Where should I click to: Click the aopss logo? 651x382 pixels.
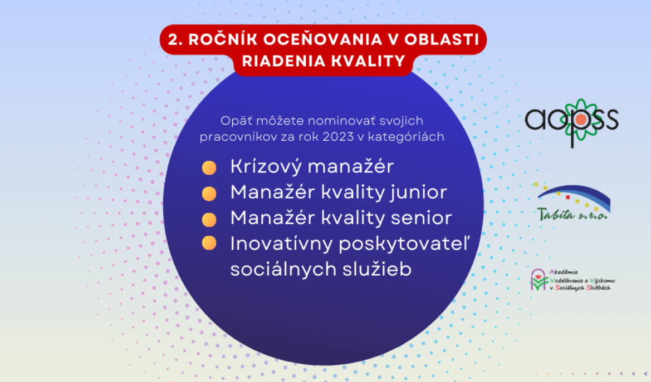(x=572, y=123)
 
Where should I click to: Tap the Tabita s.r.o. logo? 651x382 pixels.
(x=573, y=202)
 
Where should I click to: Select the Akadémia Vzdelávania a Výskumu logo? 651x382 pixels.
(x=572, y=280)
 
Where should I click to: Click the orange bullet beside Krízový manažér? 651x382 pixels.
(x=209, y=167)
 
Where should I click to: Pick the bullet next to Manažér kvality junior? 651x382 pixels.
(x=209, y=194)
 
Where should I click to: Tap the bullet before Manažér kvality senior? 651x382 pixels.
(x=209, y=219)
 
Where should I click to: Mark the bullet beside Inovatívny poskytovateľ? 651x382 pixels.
(x=209, y=243)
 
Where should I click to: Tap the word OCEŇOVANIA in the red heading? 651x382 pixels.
(x=322, y=39)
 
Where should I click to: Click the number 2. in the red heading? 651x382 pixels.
(x=175, y=39)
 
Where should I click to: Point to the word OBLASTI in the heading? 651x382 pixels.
(x=442, y=39)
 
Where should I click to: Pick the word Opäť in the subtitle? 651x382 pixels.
(x=236, y=121)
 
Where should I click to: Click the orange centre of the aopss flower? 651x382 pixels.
(x=581, y=120)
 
